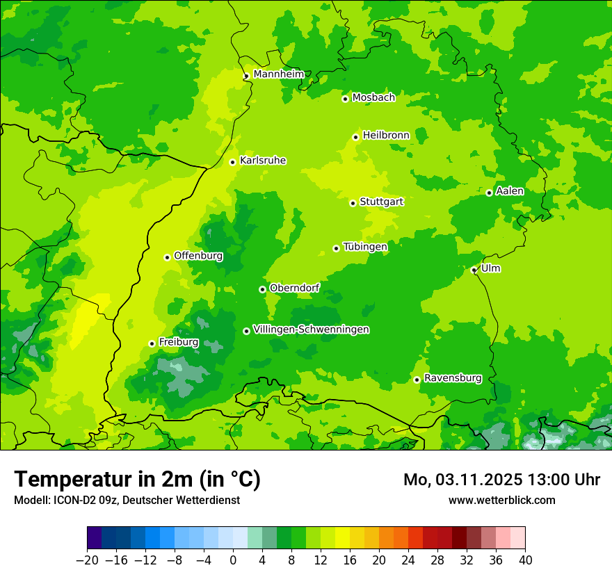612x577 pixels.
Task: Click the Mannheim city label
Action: [x=278, y=74]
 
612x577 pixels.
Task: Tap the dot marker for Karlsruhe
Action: [x=233, y=162]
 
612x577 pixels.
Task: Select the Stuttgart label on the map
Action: [x=381, y=202]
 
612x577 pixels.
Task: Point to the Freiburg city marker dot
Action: [x=152, y=343]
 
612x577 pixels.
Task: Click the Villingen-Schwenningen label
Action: [x=311, y=330]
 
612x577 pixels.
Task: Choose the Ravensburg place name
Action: [x=453, y=378]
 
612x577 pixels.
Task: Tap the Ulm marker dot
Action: [x=474, y=270]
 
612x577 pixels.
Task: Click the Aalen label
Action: [x=510, y=191]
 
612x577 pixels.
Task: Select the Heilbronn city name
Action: [x=386, y=136]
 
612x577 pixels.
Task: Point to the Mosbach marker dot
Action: [x=345, y=99]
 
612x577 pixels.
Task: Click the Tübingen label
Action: [x=365, y=247]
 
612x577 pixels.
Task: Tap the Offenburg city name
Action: [x=198, y=256]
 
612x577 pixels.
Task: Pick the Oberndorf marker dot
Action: [x=263, y=289]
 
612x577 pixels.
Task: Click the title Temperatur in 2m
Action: [x=137, y=479]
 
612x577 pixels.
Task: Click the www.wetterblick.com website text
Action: [x=501, y=500]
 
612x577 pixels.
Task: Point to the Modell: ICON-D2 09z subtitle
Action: [x=127, y=500]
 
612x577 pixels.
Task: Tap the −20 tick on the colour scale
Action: [x=87, y=560]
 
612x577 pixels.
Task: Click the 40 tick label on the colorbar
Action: [x=525, y=560]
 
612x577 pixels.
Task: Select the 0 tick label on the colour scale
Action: [x=233, y=560]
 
